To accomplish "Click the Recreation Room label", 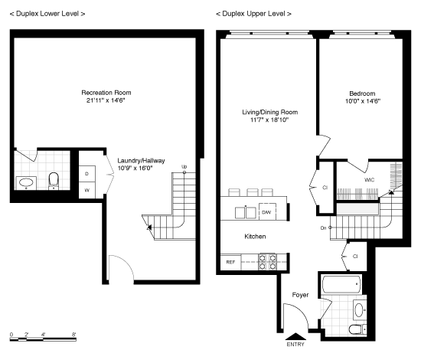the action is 106,93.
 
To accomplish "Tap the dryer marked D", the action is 87,174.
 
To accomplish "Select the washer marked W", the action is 87,190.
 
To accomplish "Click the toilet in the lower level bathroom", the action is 54,181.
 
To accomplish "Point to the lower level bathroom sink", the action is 26,183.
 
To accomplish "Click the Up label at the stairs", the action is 184,166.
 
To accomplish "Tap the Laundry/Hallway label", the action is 142,161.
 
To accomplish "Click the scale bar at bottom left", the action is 43,339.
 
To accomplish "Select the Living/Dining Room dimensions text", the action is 269,119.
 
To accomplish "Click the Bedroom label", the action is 362,93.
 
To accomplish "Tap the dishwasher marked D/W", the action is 267,212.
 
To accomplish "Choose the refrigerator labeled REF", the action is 230,262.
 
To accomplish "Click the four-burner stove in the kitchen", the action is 267,262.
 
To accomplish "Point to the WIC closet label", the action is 370,180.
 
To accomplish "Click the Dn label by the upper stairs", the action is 323,227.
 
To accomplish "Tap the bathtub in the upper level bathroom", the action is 341,284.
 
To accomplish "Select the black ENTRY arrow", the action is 295,336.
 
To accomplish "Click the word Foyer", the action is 300,295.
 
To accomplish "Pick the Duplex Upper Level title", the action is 253,14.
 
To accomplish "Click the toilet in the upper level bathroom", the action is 357,329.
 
